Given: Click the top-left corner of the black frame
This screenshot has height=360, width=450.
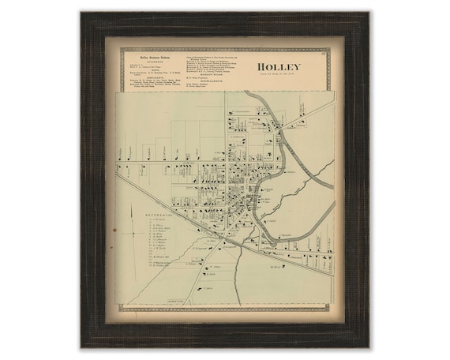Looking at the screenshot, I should pyautogui.click(x=81, y=13).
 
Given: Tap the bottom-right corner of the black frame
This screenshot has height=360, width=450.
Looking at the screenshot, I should pyautogui.click(x=369, y=347).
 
